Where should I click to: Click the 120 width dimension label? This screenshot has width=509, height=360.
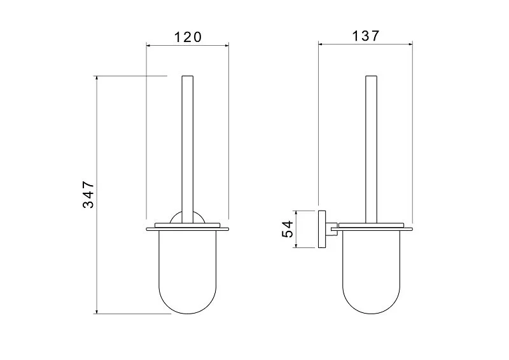188,37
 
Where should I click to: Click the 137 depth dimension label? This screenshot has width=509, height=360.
365,36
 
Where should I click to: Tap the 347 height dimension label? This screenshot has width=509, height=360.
88,195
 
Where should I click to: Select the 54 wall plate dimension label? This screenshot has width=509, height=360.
288,229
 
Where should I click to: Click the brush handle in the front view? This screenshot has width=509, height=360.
187,149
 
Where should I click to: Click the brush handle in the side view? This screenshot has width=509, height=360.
372,149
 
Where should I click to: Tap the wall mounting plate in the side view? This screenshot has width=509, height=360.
322,229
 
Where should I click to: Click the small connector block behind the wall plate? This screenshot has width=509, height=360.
331,229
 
